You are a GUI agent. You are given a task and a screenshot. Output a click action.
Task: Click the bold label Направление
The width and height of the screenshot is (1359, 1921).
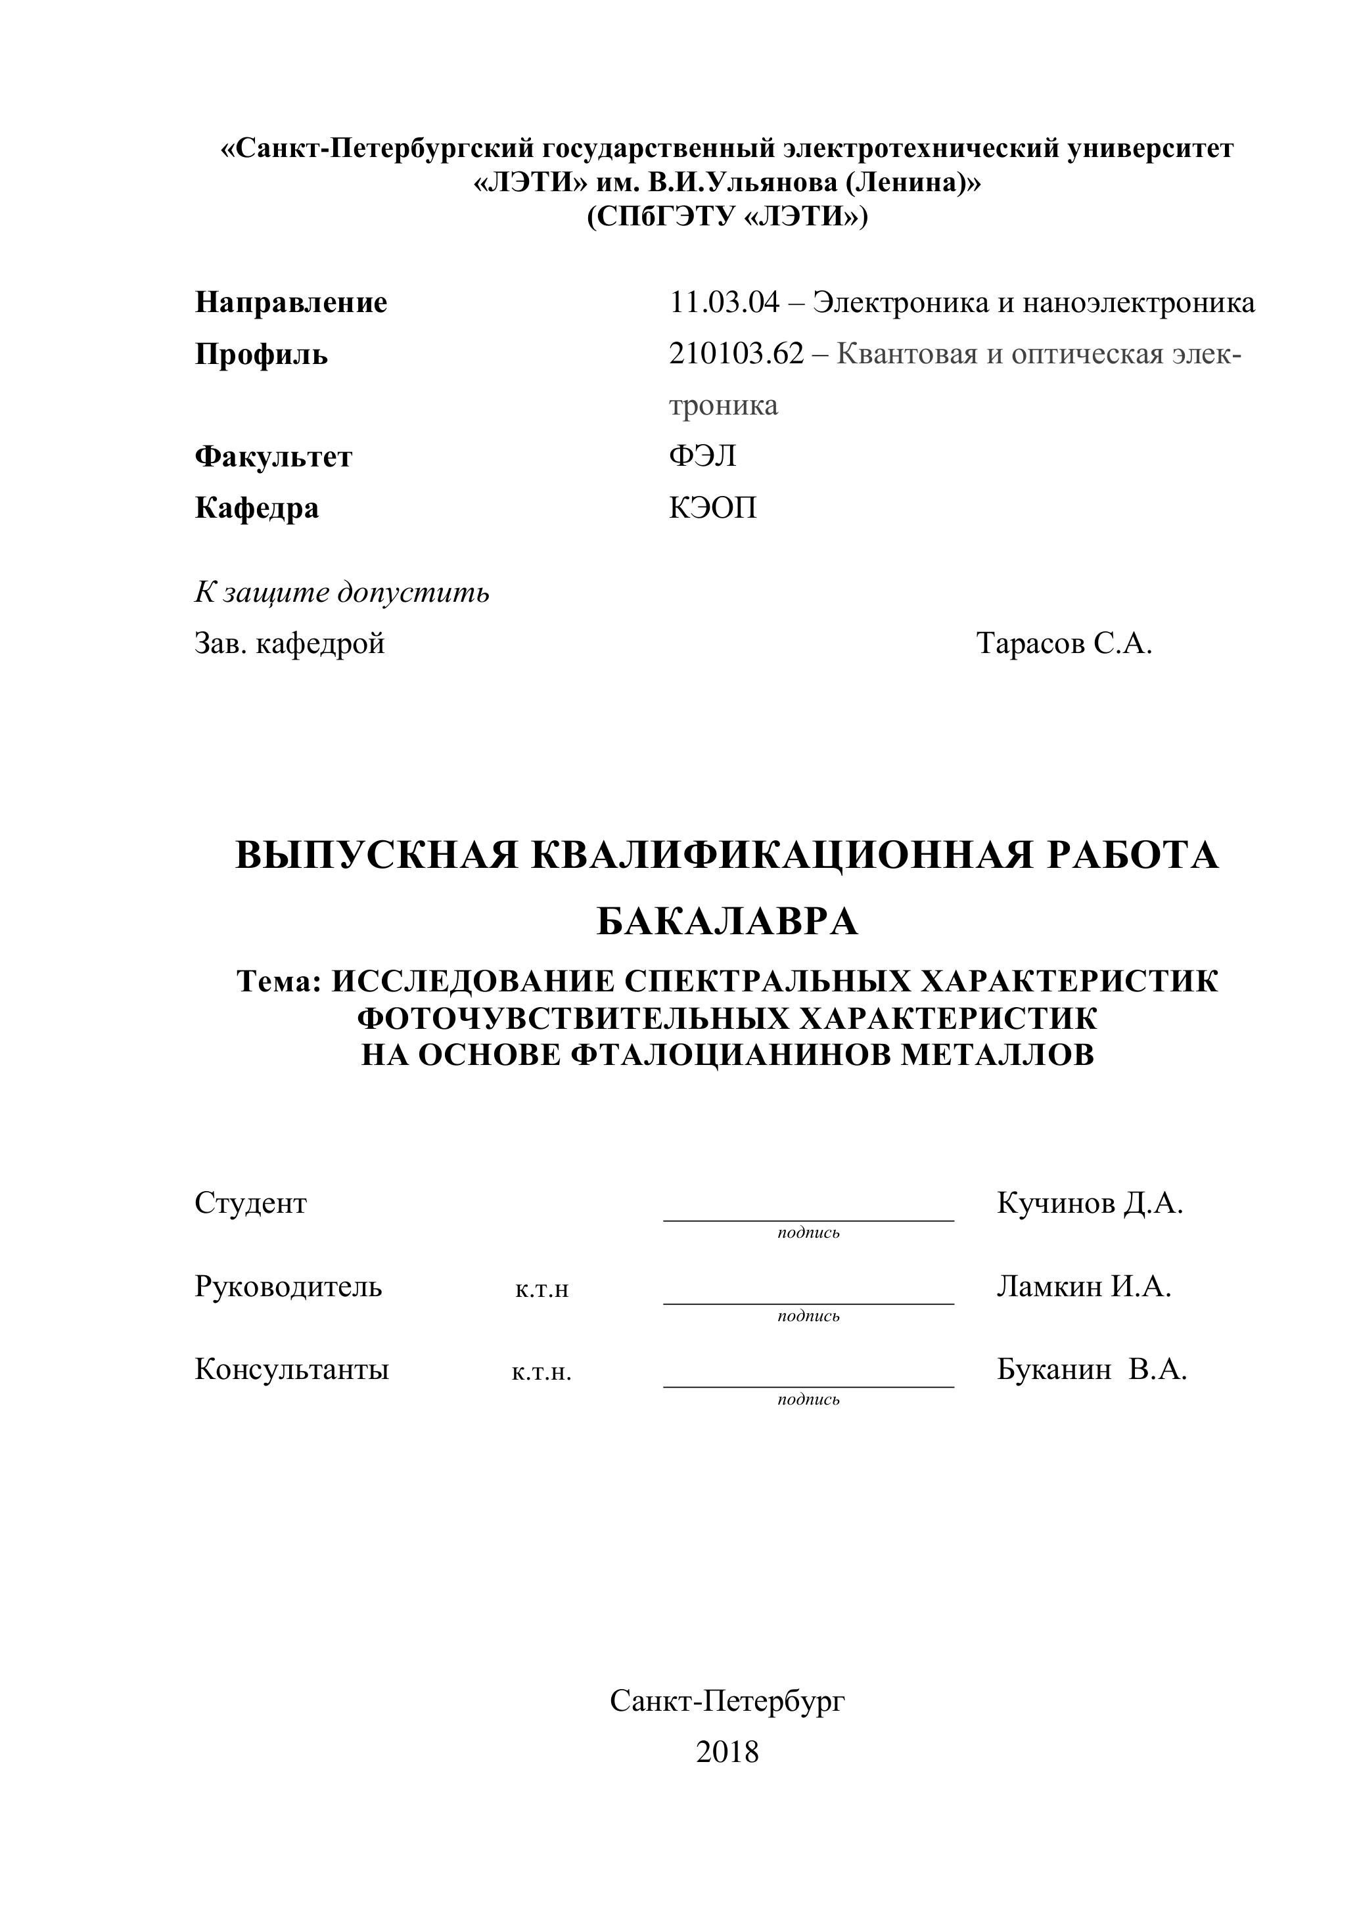click(x=290, y=302)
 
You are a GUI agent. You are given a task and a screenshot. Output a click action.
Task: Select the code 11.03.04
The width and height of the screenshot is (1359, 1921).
click(x=724, y=302)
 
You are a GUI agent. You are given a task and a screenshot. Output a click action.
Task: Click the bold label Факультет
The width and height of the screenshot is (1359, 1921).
click(x=273, y=457)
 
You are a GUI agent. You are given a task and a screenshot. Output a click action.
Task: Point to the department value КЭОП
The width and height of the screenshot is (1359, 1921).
click(x=712, y=508)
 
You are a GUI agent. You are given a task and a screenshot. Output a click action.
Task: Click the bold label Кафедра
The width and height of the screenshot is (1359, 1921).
click(x=256, y=508)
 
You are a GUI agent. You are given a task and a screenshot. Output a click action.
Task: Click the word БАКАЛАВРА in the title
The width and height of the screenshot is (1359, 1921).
click(x=727, y=922)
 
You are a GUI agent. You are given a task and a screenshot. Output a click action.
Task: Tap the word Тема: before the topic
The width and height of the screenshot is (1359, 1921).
click(x=279, y=981)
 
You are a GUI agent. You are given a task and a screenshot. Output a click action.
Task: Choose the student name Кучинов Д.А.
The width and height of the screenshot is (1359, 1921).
click(x=1090, y=1203)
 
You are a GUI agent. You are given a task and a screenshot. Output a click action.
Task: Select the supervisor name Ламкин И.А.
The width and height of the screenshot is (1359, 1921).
click(x=1084, y=1286)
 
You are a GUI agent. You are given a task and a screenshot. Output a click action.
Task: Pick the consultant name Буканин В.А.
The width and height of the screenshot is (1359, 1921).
click(x=1092, y=1368)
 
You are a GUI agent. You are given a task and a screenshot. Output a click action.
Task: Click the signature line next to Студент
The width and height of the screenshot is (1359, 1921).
click(x=808, y=1219)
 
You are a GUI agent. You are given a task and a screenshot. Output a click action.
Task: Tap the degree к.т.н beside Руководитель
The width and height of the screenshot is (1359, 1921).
click(x=541, y=1289)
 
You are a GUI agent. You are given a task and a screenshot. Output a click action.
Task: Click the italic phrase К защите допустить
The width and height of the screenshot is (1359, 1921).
click(x=342, y=593)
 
